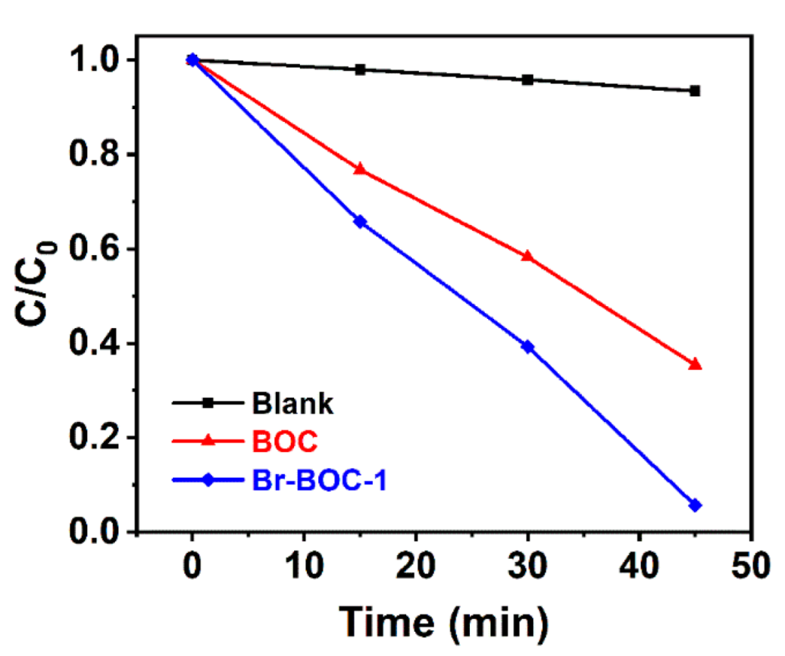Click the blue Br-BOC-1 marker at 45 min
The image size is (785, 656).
(x=695, y=505)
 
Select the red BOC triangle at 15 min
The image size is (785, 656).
(x=360, y=169)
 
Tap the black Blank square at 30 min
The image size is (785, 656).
(x=528, y=80)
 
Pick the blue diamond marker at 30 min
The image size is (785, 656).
(x=528, y=347)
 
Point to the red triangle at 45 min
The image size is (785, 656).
(x=695, y=364)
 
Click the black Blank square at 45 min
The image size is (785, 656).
(x=695, y=91)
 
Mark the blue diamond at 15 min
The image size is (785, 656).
(x=360, y=222)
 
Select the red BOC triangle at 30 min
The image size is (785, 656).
(x=528, y=256)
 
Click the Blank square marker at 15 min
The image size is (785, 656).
(x=360, y=70)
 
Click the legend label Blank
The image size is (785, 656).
(x=292, y=404)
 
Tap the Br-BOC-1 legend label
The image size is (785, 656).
(x=318, y=480)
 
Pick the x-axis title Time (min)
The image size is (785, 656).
(x=442, y=623)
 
